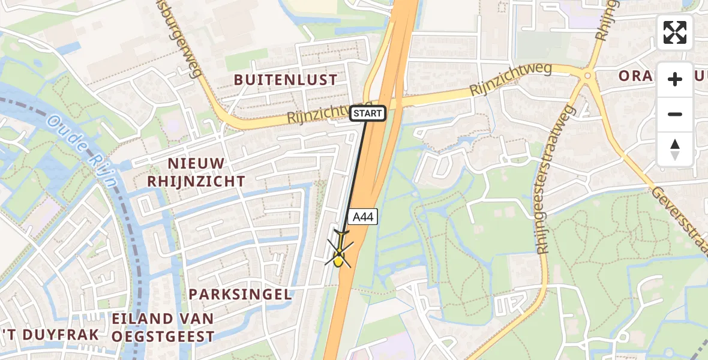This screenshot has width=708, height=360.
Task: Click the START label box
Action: [x=367, y=113]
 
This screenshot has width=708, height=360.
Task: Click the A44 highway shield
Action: [x=363, y=217]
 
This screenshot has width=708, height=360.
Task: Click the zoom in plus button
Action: [x=675, y=79]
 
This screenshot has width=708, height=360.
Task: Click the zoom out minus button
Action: [x=675, y=114]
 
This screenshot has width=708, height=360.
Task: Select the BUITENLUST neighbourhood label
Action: [x=286, y=80]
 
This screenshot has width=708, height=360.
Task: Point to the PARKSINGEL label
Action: [x=240, y=295]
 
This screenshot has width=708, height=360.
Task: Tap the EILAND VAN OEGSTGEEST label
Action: [x=163, y=328]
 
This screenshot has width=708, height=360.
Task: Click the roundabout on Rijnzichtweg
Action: [x=587, y=76]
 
